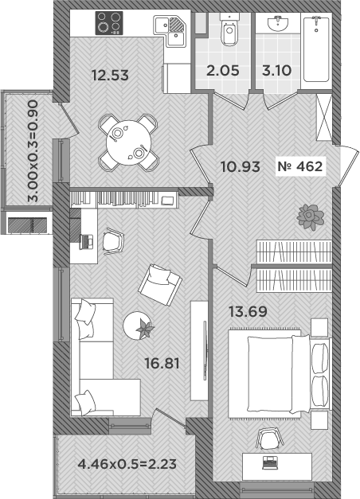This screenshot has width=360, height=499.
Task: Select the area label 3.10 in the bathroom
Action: [x=276, y=71]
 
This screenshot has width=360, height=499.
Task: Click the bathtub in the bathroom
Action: [x=319, y=48]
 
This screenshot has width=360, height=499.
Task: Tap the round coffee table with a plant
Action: [x=141, y=323]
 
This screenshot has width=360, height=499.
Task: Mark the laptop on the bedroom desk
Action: [x=268, y=462]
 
